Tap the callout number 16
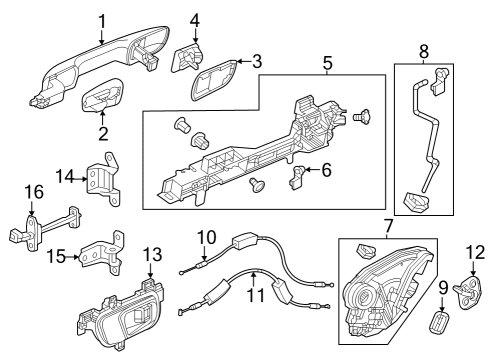tap(34, 192)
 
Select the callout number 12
tap(476, 252)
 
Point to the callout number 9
tap(443, 288)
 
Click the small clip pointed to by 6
tap(296, 177)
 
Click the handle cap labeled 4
tap(187, 58)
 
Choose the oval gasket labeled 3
tap(213, 80)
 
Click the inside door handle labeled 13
tap(121, 316)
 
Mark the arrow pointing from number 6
tap(312, 170)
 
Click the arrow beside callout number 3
tap(243, 62)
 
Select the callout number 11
tap(255, 295)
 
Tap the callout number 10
tap(207, 238)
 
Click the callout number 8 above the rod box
tap(424, 52)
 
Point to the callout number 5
tap(328, 63)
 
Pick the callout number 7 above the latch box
tap(388, 226)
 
